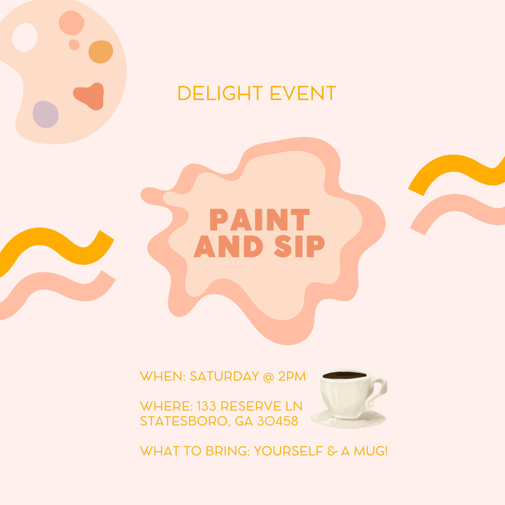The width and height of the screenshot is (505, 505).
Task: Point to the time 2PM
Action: tap(292, 376)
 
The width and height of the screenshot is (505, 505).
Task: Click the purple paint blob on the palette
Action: tap(45, 114)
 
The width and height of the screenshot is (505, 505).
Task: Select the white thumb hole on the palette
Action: tap(24, 37)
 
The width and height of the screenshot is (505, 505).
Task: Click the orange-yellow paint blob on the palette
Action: tap(101, 52)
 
